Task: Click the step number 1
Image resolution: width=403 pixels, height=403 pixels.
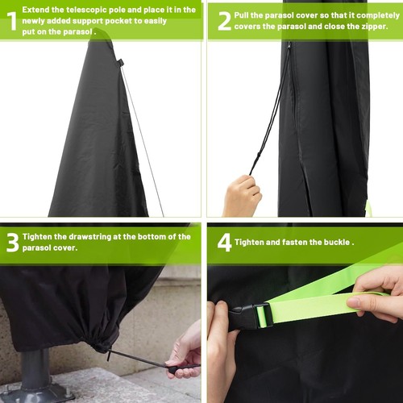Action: [x=10, y=20]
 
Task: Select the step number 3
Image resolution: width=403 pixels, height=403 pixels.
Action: [x=11, y=242]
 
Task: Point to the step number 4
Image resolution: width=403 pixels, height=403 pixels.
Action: [x=224, y=243]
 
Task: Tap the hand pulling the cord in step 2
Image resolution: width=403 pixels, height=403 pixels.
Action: [x=241, y=197]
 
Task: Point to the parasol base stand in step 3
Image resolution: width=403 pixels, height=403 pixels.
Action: [x=37, y=380]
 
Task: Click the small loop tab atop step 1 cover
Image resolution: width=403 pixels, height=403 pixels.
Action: [x=120, y=63]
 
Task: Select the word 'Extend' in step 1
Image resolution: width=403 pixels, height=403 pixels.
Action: [x=36, y=10]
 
